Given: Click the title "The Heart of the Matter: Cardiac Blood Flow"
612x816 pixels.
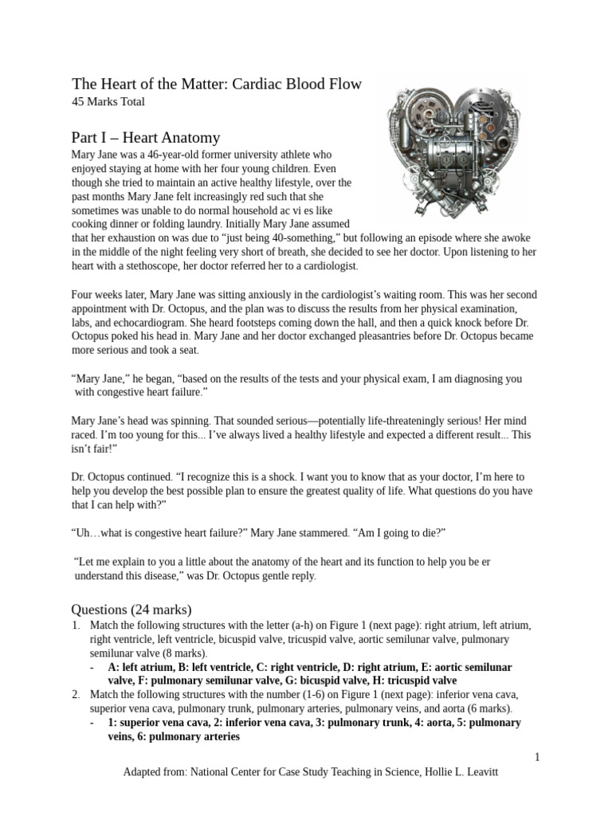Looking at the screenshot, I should (217, 84).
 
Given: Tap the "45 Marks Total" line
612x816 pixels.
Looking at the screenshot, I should (108, 102).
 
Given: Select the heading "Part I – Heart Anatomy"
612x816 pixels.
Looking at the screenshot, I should (146, 137).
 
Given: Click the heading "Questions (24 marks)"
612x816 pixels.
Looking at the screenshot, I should (131, 610).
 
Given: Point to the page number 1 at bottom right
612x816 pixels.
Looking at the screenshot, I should (538, 757).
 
